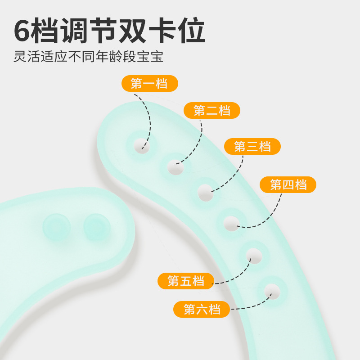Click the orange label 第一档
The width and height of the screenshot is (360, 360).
(149, 84)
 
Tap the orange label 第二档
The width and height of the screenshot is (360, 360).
(212, 111)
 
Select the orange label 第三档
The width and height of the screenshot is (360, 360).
(252, 147)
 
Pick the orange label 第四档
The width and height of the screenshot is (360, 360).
(288, 184)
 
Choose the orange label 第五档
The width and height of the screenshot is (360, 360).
(185, 281)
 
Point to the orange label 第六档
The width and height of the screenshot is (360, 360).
(202, 309)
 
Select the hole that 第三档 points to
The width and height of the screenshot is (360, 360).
(205, 193)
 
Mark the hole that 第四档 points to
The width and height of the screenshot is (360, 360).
(232, 223)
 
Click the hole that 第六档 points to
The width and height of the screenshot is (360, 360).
(272, 291)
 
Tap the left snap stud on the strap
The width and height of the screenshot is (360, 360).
(57, 226)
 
